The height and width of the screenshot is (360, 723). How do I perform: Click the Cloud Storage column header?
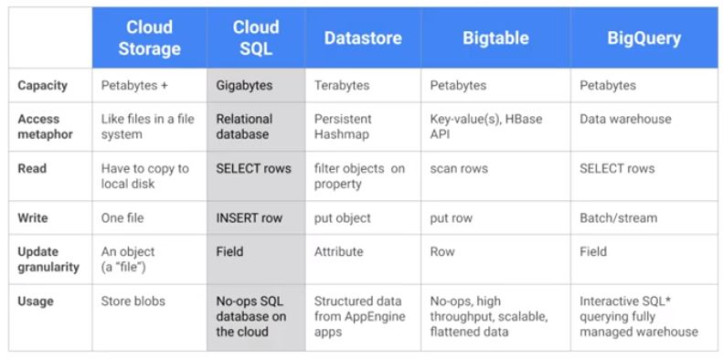click(x=149, y=37)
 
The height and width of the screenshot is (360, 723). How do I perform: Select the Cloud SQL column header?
click(x=255, y=37)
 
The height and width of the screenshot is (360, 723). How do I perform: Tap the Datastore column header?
click(x=363, y=37)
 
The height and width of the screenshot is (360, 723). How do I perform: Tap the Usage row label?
click(x=37, y=301)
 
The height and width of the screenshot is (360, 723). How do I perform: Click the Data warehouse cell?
click(x=625, y=119)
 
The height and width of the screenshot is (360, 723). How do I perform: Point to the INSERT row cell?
click(x=249, y=218)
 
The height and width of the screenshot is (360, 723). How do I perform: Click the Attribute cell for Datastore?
click(x=338, y=251)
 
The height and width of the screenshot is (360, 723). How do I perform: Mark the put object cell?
click(x=342, y=218)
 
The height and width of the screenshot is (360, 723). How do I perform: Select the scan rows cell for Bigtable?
click(x=459, y=169)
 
